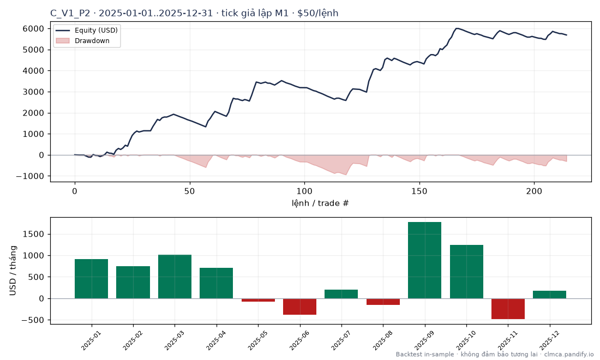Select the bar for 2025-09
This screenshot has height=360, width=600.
tap(424, 260)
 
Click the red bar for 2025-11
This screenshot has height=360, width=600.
tap(508, 309)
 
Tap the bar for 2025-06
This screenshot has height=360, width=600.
tap(299, 307)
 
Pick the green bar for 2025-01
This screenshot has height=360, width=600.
tap(91, 279)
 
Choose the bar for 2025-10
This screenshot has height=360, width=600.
tap(466, 272)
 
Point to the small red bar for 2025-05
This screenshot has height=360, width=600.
tap(258, 300)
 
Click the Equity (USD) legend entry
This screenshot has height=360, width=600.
tap(87, 30)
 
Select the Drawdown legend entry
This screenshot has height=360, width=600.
tap(83, 40)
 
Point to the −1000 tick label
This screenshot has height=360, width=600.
tap(31, 176)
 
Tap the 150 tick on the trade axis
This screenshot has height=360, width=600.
tap(419, 191)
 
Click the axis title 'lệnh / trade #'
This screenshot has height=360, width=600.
tap(320, 203)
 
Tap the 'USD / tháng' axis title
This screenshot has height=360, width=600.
tap(13, 271)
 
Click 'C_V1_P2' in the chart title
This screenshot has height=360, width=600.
tap(70, 14)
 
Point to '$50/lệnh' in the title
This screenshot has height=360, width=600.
tap(318, 14)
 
